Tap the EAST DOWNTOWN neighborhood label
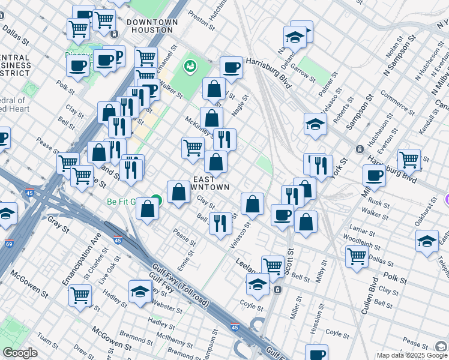pyautogui.click(x=211, y=183)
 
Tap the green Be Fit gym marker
pyautogui.click(x=157, y=200)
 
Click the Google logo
pyautogui.click(x=20, y=353)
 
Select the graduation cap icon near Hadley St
pyautogui.click(x=140, y=291)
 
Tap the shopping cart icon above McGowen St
pyautogui.click(x=80, y=295)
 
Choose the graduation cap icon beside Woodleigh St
pyautogui.click(x=427, y=241)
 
